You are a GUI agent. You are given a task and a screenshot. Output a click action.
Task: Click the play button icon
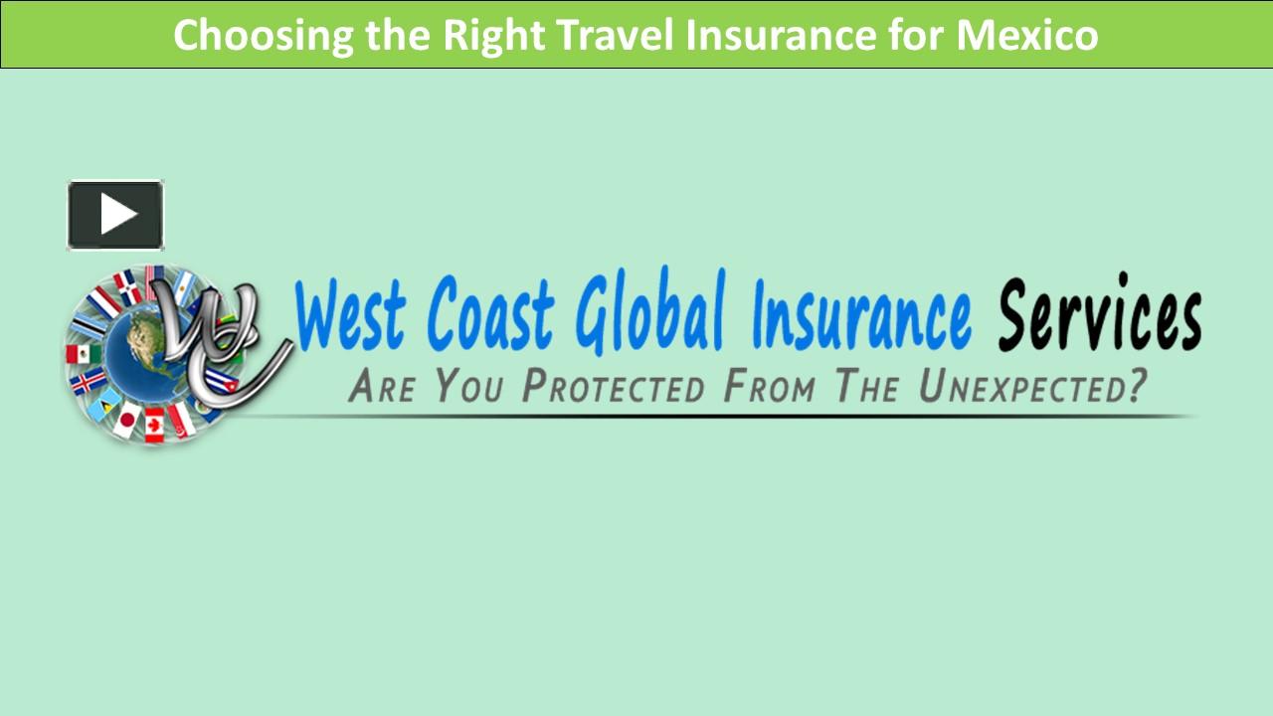pos(115,215)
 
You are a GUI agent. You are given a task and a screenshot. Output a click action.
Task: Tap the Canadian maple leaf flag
pos(155,425)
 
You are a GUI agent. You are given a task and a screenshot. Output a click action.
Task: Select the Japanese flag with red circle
pos(126,421)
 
